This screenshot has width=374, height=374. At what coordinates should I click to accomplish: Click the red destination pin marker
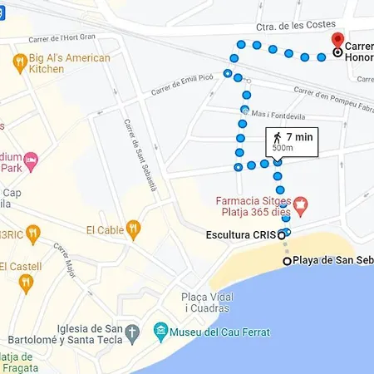[x=337, y=42]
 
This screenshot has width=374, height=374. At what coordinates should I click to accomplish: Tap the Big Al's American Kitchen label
[x=70, y=63]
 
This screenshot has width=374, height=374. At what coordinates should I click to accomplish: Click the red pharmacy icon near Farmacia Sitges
[x=302, y=202]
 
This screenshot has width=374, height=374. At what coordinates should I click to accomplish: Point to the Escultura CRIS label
[x=240, y=235]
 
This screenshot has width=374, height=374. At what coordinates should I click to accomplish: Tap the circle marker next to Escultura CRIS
[x=282, y=235]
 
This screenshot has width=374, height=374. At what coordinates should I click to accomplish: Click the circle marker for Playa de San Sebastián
[x=288, y=261]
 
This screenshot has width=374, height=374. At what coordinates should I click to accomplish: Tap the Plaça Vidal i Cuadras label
[x=204, y=303]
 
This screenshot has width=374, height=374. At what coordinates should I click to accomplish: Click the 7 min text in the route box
[x=299, y=136]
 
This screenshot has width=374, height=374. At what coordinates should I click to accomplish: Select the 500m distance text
[x=283, y=148]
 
